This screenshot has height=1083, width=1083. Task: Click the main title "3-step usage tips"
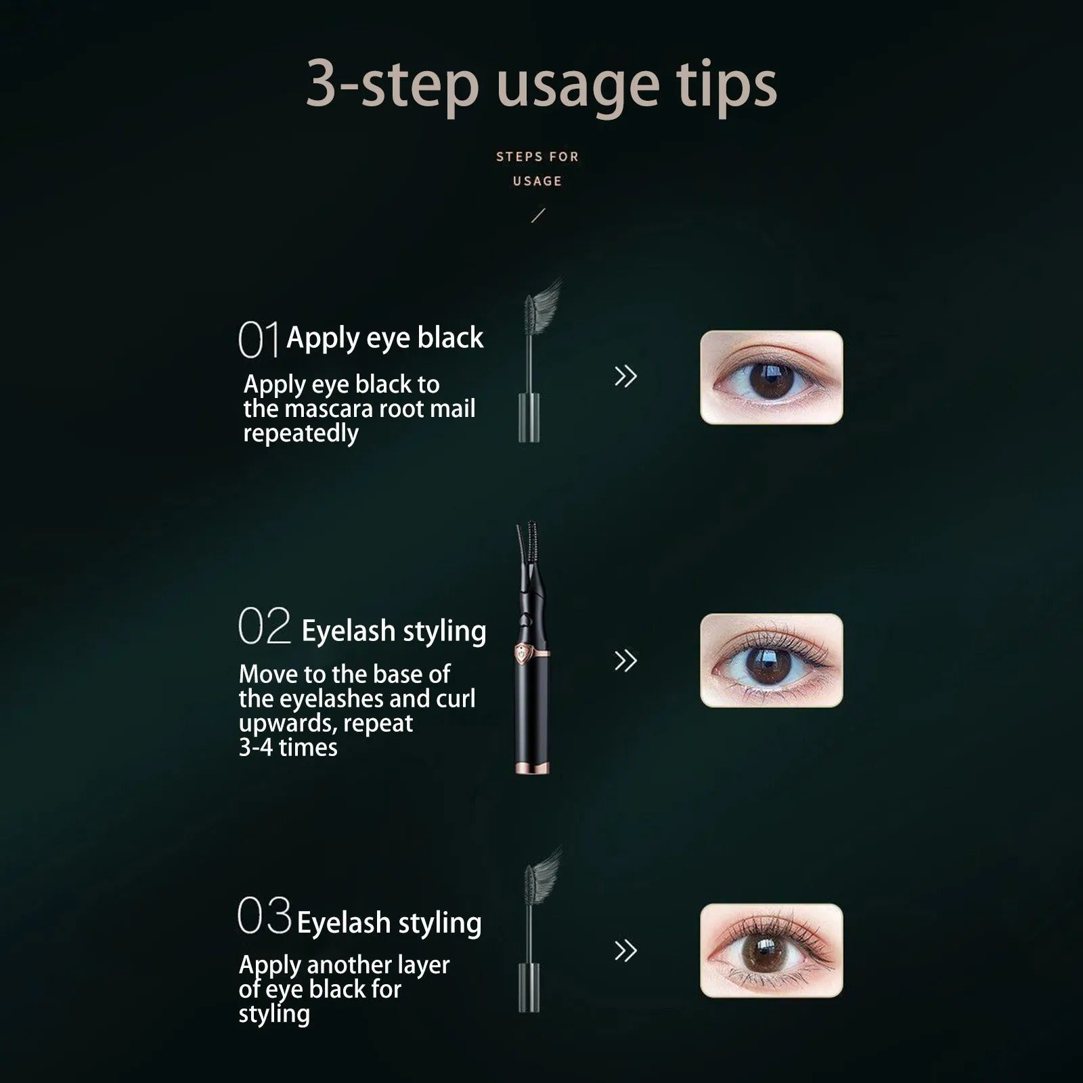(541, 84)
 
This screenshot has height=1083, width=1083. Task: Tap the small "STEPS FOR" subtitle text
(537, 157)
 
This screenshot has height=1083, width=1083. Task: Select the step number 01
(258, 340)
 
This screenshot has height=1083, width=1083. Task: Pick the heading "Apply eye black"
(384, 338)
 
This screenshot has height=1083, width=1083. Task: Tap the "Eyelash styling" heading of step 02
(393, 631)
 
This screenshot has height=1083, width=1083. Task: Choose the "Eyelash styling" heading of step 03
(389, 923)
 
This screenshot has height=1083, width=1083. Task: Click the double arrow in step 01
(625, 376)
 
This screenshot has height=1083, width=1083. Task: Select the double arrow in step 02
(625, 661)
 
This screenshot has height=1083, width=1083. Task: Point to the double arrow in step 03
(625, 951)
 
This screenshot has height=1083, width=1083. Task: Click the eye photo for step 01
(771, 378)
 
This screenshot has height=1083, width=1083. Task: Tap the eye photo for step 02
(771, 661)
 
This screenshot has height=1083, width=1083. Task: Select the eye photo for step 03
(771, 951)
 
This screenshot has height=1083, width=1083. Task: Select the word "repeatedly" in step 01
(301, 434)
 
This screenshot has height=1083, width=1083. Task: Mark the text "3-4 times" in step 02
(288, 748)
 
